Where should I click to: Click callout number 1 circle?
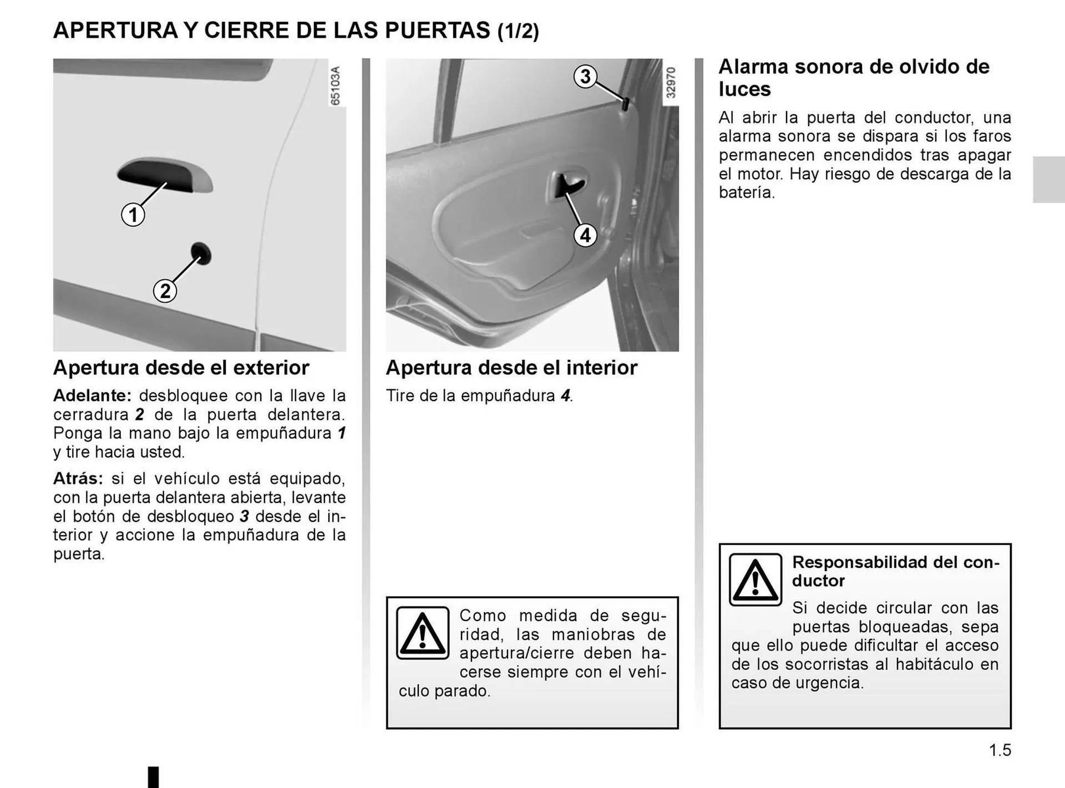pos(133,215)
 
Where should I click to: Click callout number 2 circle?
pos(165,291)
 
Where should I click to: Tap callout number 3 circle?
pos(585,77)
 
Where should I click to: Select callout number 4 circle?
pos(585,235)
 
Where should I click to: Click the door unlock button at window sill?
pos(625,104)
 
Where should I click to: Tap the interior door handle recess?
pos(567,185)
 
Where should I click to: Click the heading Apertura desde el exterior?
pos(181,368)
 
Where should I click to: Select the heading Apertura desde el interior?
pos(511,368)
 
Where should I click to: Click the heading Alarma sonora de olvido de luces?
pos(854,78)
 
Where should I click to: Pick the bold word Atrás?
pos(78,479)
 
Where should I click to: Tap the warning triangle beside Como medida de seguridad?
pos(423,633)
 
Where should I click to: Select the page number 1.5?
pos(1000,750)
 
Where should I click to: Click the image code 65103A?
pos(336,85)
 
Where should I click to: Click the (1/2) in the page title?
pos(518,31)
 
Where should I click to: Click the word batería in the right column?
pos(747,192)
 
